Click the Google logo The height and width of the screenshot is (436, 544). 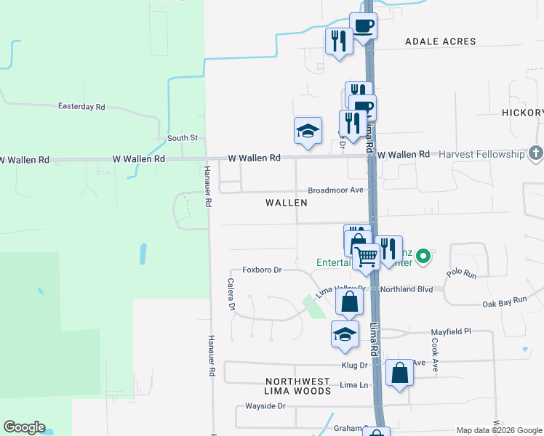(24, 427)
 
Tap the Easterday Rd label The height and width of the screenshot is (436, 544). (81, 107)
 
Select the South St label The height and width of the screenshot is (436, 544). (183, 138)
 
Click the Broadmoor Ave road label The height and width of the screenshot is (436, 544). (335, 190)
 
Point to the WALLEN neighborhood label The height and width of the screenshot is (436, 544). (287, 203)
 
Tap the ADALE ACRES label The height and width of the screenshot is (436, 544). (441, 42)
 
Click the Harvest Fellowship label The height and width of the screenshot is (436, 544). (480, 154)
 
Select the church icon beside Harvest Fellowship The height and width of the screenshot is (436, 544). (536, 153)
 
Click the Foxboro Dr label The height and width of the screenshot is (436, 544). (262, 270)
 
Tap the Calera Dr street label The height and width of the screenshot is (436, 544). (231, 296)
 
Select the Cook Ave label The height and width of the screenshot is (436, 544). (436, 355)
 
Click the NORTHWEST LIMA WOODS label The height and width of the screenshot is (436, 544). (297, 386)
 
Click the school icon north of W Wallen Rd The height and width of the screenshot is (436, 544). (308, 132)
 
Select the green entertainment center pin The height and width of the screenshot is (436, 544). (423, 256)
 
